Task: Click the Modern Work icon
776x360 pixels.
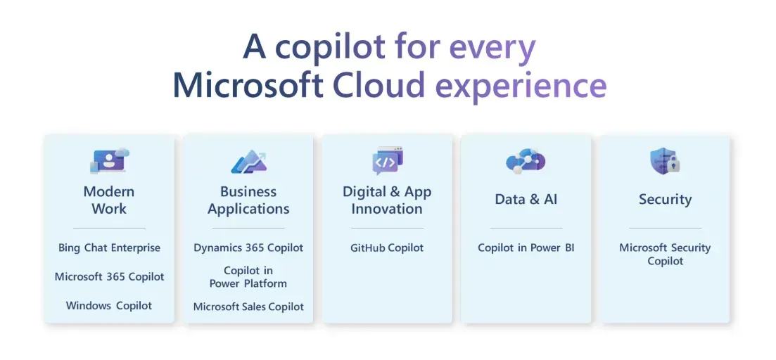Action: click(x=109, y=161)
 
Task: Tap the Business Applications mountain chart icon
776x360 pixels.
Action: click(x=248, y=162)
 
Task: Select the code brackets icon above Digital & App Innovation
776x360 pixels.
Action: click(x=388, y=161)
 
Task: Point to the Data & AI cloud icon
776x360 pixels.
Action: click(x=526, y=162)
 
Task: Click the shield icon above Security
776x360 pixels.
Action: click(x=665, y=161)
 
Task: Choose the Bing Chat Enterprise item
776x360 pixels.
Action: click(x=109, y=247)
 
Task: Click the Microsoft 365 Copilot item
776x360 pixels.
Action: click(x=109, y=276)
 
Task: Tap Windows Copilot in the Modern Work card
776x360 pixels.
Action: click(x=109, y=306)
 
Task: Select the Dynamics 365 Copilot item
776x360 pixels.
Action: click(x=248, y=247)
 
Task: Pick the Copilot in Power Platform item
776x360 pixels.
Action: click(x=248, y=277)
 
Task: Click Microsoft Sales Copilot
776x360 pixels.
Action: click(x=248, y=307)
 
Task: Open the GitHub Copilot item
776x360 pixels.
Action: click(x=387, y=247)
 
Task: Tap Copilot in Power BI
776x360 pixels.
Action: click(x=526, y=247)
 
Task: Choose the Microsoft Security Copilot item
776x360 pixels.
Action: click(x=665, y=254)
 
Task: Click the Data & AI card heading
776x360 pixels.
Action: click(x=526, y=199)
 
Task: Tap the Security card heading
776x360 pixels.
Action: click(x=665, y=199)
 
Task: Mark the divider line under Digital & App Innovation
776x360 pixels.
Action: click(x=388, y=229)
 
